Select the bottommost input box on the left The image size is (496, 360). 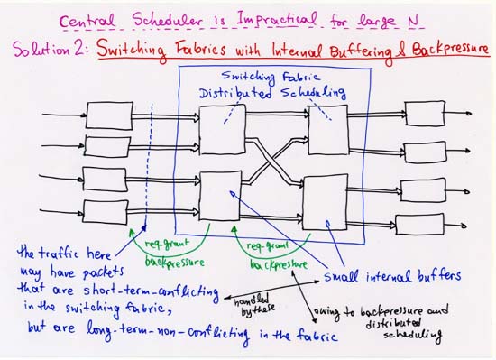(x=106, y=212)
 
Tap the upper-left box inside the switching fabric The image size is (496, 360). (x=221, y=127)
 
